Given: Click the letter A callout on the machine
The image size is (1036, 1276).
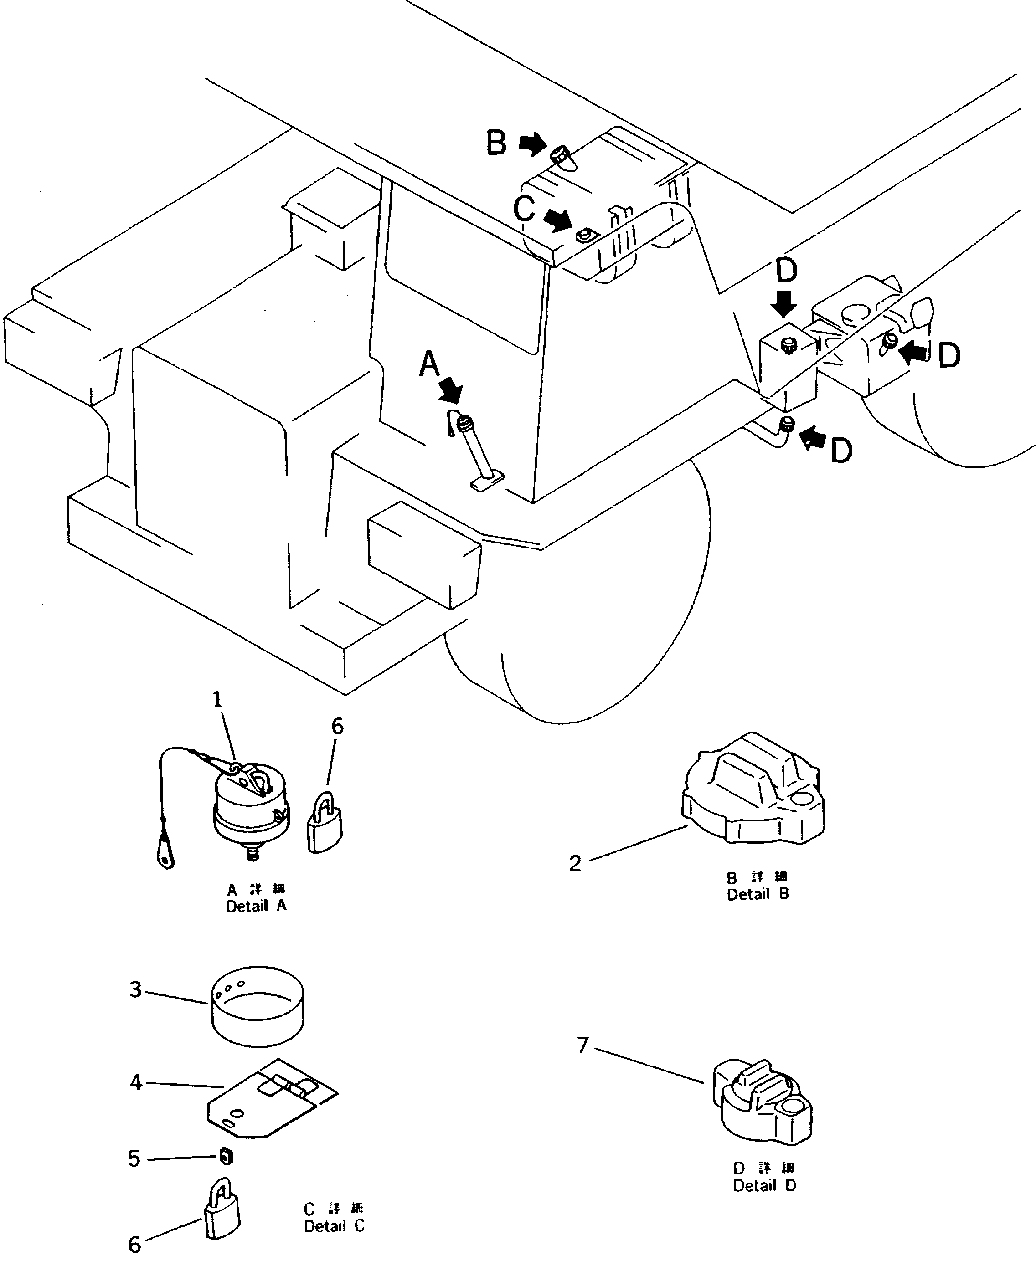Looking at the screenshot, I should [x=429, y=364].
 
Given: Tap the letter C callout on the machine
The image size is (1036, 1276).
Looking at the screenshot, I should [x=524, y=210].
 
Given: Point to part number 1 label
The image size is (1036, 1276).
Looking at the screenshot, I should [x=217, y=700].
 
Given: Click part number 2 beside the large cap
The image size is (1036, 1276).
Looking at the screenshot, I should [x=575, y=864].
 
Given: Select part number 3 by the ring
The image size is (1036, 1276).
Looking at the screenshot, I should [x=136, y=989].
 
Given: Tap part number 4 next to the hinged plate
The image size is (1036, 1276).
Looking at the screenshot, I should [x=136, y=1082].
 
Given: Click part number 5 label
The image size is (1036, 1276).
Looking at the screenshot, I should [x=134, y=1159].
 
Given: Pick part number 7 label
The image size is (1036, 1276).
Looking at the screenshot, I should [x=583, y=1045].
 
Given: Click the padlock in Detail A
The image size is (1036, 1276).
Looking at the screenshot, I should [x=325, y=823].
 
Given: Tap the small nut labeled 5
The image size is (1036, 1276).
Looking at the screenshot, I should [x=226, y=1157].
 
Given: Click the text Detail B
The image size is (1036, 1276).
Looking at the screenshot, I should [x=758, y=894].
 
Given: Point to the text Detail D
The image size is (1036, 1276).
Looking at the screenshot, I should [x=764, y=1186].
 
